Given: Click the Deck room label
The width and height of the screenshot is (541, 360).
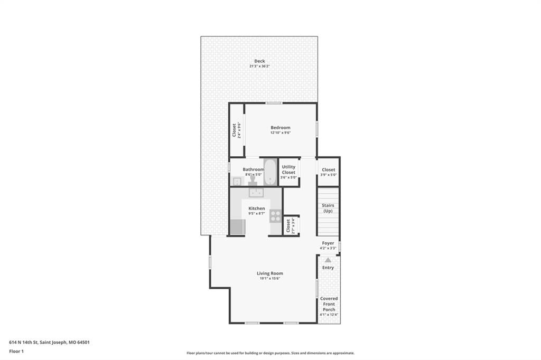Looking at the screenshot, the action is click(259, 61).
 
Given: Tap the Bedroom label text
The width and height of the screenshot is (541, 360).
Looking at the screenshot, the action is click(280, 128).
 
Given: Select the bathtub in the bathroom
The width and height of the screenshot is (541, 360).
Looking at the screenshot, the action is click(270, 172).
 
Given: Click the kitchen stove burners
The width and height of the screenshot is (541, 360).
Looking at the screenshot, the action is click(275, 216).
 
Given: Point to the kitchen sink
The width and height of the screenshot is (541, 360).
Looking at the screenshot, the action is click(256, 193).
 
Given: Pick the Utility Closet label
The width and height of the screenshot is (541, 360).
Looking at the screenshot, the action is click(288, 169).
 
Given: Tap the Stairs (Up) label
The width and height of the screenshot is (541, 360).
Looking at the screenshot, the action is click(328, 208).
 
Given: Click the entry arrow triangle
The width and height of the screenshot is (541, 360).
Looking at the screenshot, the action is click(328, 260).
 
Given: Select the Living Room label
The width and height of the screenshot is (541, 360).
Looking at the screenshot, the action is click(270, 273).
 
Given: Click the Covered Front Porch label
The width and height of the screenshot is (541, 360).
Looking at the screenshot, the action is click(329, 304).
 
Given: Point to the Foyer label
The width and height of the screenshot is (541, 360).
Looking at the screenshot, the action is click(328, 243).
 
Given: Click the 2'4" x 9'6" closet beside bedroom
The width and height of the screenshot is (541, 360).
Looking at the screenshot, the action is click(236, 130).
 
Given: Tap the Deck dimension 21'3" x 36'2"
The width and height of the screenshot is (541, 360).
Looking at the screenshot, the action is click(259, 66).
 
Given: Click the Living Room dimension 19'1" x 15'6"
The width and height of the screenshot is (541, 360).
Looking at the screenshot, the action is click(270, 278).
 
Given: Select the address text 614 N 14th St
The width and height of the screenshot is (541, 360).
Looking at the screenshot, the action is click(24, 343).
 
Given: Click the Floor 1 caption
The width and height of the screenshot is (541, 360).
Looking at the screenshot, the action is click(16, 352).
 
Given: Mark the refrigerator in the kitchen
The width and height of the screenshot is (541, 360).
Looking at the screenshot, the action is click(237, 226).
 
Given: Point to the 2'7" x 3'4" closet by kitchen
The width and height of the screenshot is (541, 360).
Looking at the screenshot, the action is click(291, 226).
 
